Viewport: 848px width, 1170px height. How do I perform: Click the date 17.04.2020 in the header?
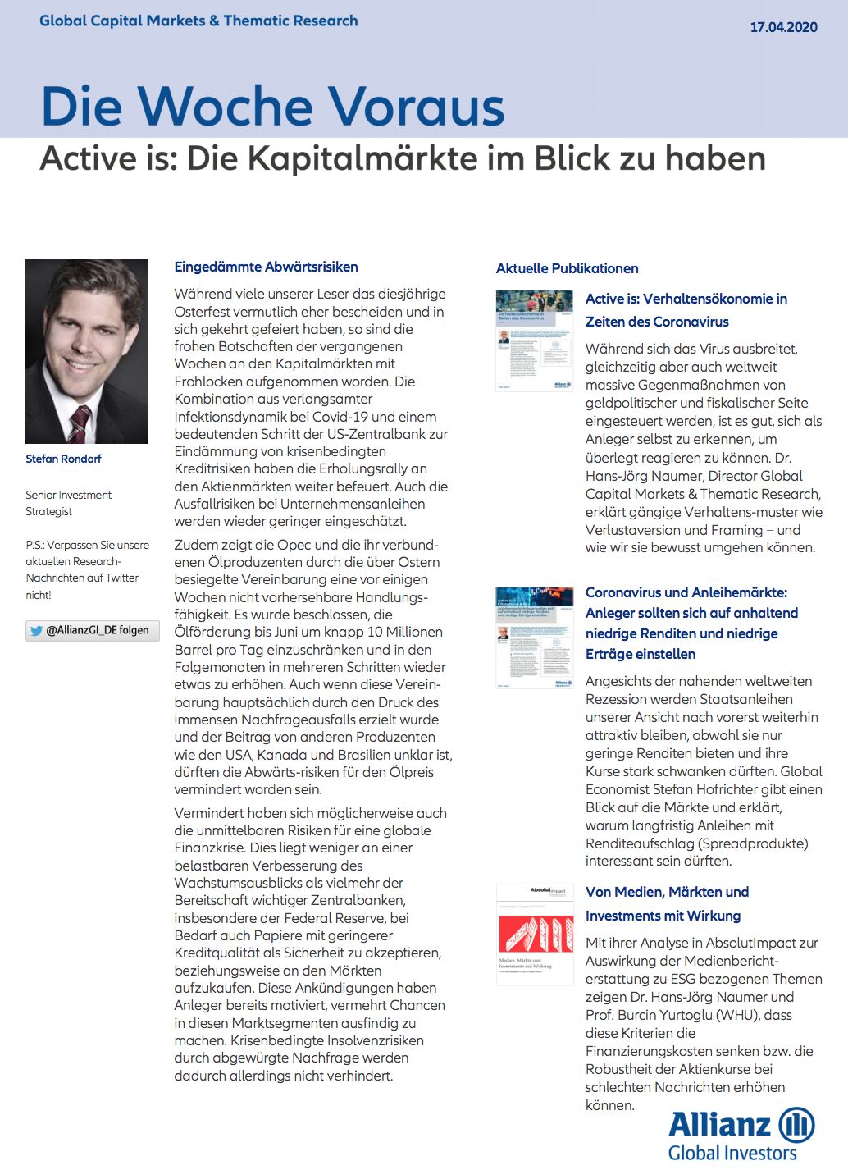(783, 26)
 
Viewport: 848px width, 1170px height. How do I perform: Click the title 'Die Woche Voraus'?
(272, 107)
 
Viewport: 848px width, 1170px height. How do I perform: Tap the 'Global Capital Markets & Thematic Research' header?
(198, 21)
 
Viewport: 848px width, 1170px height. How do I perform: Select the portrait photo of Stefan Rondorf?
(87, 351)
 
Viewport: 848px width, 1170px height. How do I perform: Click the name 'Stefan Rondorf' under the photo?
(63, 459)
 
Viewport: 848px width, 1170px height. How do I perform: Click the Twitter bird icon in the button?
(36, 631)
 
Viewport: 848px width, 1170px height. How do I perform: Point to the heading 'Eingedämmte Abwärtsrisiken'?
(266, 267)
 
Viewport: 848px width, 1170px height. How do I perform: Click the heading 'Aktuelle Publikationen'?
(567, 268)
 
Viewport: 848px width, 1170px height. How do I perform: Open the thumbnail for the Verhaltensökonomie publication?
(534, 340)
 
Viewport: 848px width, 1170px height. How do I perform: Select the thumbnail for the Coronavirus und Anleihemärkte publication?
(534, 637)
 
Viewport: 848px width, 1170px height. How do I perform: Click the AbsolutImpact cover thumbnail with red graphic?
(534, 934)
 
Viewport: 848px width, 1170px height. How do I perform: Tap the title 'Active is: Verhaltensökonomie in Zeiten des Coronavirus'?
(686, 310)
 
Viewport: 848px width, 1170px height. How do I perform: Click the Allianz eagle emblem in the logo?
(796, 1124)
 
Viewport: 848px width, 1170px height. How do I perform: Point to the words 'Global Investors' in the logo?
(732, 1153)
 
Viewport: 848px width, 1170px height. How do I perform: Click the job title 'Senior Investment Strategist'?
(68, 503)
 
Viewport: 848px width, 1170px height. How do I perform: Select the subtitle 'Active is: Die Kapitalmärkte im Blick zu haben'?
(402, 158)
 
